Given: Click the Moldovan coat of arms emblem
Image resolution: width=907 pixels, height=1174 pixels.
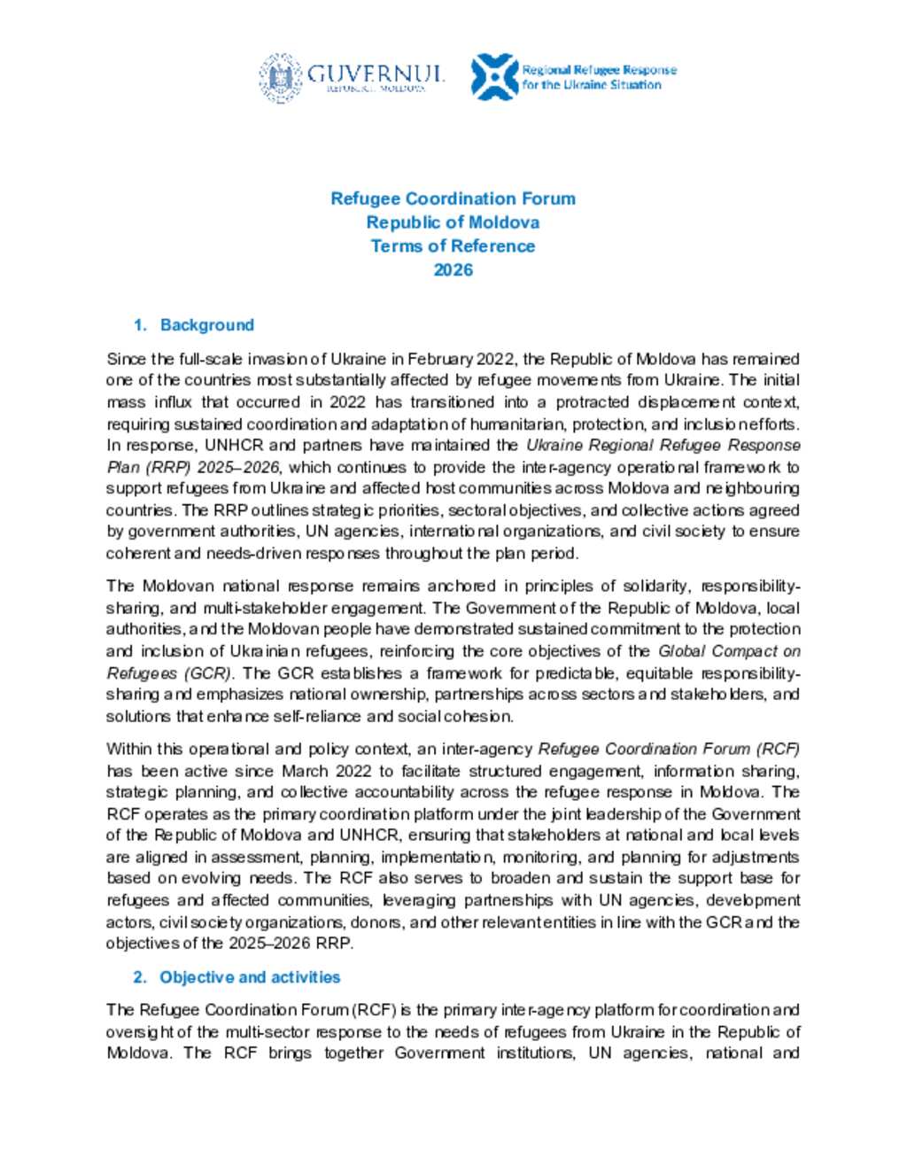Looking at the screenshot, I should point(281,77).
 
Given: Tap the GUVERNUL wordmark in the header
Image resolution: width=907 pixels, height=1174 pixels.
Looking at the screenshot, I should point(376,74).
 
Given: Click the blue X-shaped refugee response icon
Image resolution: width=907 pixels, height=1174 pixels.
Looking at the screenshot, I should point(494,77).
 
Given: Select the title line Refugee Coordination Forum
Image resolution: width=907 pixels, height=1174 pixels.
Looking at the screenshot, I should point(453,198).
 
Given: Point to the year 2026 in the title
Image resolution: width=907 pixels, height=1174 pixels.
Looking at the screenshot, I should point(453,269).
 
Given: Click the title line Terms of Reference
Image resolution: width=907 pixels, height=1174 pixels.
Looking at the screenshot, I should point(453,245).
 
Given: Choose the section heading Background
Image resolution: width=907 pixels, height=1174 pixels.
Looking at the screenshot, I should point(206,325).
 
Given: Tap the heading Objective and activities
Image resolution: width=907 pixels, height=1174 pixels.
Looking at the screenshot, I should point(250,977).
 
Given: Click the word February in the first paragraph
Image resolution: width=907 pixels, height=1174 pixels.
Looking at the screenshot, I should point(440,359).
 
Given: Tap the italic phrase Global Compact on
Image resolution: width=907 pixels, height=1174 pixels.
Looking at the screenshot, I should point(729,651).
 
